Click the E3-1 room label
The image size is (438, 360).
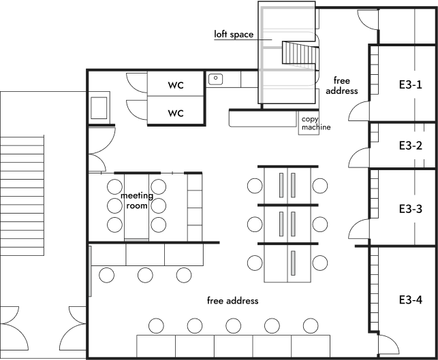pos(410,84)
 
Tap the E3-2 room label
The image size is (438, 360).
pos(410,146)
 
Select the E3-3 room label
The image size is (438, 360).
pos(410,209)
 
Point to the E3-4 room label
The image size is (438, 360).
pos(410,299)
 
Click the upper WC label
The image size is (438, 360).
pos(176,85)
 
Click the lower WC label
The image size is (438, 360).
pos(176,113)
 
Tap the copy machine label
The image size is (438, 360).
pos(316,123)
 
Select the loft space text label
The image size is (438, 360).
pos(234,34)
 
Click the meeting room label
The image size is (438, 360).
pos(137,201)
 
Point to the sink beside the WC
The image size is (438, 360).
pos(216,79)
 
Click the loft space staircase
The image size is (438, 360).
pos(300,56)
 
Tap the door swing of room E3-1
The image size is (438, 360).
pos(359,111)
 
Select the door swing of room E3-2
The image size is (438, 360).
pos(359,158)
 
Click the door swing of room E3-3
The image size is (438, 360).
pos(359,229)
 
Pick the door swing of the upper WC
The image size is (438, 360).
pos(137,83)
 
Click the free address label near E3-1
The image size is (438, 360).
pos(342,86)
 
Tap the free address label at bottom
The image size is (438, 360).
pos(233,301)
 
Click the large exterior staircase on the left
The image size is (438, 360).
pos(22,195)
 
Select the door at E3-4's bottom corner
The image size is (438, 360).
pos(388,345)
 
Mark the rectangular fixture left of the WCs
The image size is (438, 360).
pos(99,108)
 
